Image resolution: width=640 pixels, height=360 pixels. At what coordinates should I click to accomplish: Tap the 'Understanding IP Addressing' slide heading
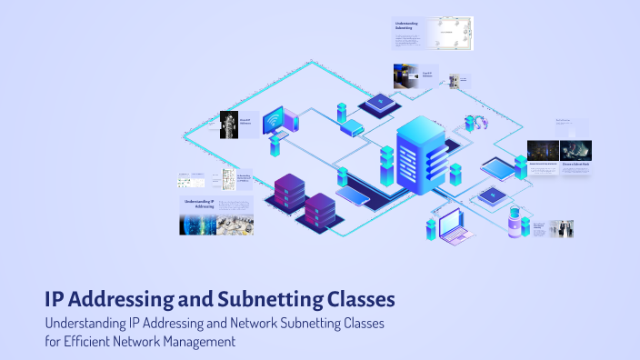click(x=199, y=204)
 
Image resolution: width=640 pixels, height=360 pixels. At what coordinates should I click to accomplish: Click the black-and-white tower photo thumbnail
click(x=229, y=125)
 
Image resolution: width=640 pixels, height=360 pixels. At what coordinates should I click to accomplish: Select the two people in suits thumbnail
click(x=561, y=228)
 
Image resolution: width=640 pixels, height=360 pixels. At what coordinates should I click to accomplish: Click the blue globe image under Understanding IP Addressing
click(x=197, y=224)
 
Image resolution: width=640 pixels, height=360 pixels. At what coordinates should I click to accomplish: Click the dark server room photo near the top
click(x=405, y=75)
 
